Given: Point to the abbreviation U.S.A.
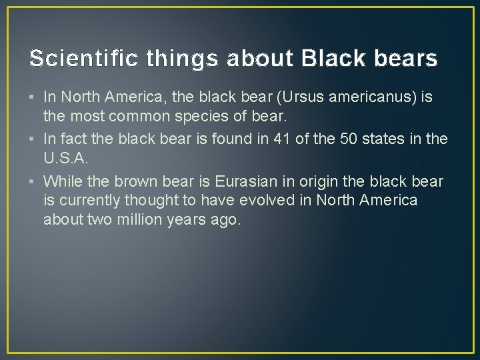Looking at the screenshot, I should click(x=64, y=158).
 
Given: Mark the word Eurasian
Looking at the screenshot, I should click(x=240, y=182).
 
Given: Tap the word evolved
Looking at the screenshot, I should click(x=275, y=201).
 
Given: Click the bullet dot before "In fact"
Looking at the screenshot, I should click(x=33, y=140).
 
